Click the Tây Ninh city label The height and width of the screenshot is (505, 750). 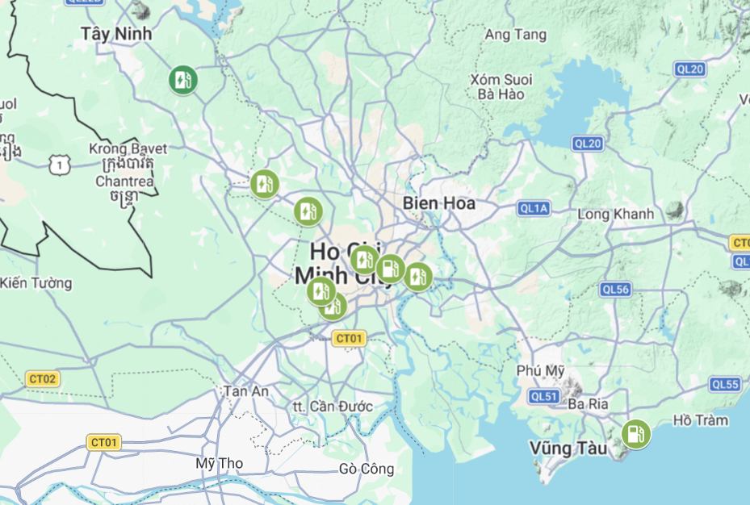(x=117, y=33)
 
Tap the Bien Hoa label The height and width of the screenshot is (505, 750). (x=439, y=202)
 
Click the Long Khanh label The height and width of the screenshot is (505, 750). (x=616, y=215)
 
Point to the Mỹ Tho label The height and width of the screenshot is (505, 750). (x=220, y=464)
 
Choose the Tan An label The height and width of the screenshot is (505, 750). (x=245, y=390)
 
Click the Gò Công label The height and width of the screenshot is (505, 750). (x=367, y=469)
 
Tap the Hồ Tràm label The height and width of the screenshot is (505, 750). (x=700, y=419)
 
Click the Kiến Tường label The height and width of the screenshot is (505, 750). (x=36, y=283)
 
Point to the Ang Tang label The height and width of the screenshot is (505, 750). (x=515, y=35)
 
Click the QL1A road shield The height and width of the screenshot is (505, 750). (x=534, y=209)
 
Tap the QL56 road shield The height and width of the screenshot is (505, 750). (x=615, y=290)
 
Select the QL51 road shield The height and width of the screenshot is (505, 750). (x=544, y=396)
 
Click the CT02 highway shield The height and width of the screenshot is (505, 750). (x=43, y=378)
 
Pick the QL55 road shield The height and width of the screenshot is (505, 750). (x=725, y=385)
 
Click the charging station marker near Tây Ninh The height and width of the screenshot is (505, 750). (x=183, y=80)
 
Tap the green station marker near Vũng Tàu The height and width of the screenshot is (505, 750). (x=636, y=434)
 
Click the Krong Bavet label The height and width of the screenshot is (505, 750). (x=128, y=149)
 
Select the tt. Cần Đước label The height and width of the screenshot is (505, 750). (x=333, y=407)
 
